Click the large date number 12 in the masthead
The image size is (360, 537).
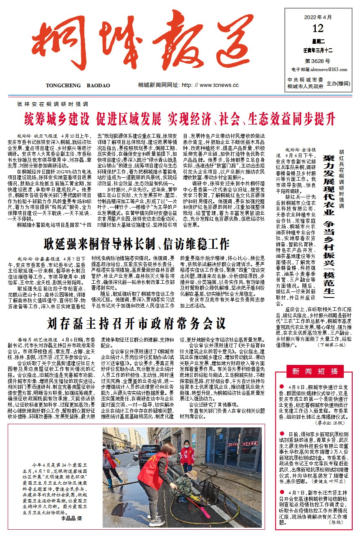[x=318, y=28]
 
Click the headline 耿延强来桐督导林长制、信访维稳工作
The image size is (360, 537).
[x=136, y=244]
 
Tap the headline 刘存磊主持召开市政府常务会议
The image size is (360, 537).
[x=136, y=323]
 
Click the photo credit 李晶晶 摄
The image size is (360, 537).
[x=71, y=518]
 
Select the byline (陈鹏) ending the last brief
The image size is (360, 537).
[x=336, y=523]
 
